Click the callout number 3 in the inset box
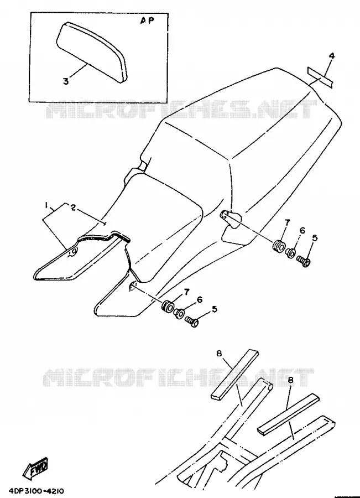[x=66, y=81]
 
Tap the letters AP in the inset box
[x=147, y=20]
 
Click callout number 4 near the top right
[x=331, y=56]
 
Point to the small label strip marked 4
[x=320, y=77]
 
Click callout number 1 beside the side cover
[x=46, y=205]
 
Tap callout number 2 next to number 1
[x=73, y=207]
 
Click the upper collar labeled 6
[x=290, y=253]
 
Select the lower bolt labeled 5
[x=192, y=321]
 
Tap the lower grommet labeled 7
[x=167, y=307]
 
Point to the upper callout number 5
[x=315, y=237]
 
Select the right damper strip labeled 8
[x=288, y=414]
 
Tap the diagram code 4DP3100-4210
[x=34, y=491]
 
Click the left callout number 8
[x=219, y=353]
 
